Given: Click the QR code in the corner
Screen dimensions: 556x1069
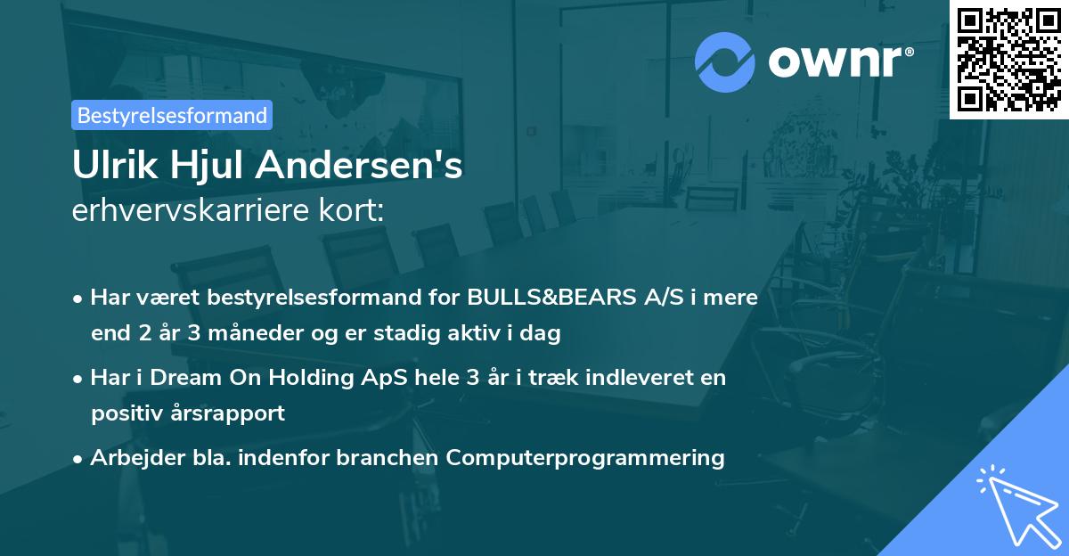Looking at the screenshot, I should point(1008,59).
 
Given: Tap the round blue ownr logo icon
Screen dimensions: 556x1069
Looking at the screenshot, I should point(725,61).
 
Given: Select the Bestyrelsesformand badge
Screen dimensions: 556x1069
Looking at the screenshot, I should point(172,115).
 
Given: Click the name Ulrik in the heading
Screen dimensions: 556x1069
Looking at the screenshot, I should point(112,166).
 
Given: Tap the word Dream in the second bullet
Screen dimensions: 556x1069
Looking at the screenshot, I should point(182,378).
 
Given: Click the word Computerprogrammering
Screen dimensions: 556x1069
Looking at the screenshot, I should point(585,458).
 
